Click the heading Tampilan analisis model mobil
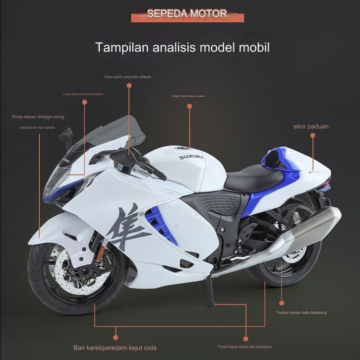point(182,48)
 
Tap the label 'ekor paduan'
point(311,126)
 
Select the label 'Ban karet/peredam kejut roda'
point(115,347)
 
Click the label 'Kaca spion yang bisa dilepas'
point(127,77)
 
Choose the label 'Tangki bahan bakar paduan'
point(188,96)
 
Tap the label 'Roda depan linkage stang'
point(38,117)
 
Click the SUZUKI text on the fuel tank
point(191,157)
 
